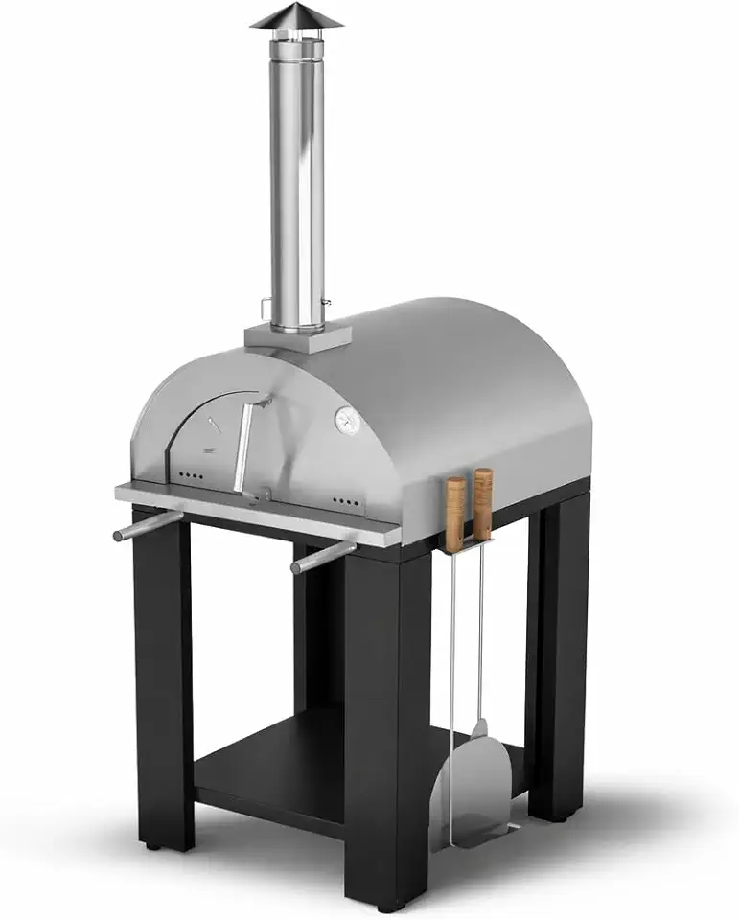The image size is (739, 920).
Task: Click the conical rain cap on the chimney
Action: click(x=295, y=16)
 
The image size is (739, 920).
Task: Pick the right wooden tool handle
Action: click(x=482, y=502)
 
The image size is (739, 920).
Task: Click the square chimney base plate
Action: click(x=297, y=337)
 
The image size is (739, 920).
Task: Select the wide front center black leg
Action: click(x=387, y=728)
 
